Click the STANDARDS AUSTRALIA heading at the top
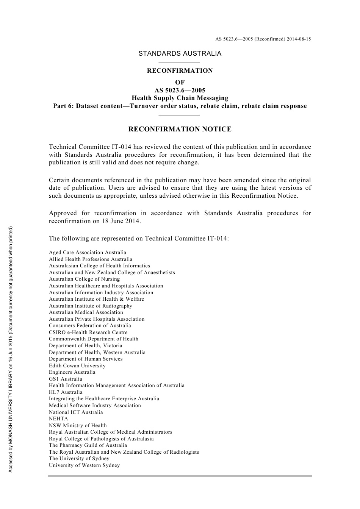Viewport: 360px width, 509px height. (x=180, y=53)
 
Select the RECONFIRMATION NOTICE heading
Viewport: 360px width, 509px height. (x=180, y=129)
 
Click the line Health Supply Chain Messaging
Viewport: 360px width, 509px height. (x=180, y=98)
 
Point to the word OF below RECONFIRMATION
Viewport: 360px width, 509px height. (x=180, y=82)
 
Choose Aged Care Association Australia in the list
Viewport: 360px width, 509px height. (x=88, y=253)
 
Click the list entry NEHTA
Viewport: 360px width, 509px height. (x=58, y=419)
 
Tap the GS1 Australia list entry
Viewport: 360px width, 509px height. (x=65, y=379)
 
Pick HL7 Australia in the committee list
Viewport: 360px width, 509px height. (x=66, y=392)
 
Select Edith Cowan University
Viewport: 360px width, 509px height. (x=77, y=365)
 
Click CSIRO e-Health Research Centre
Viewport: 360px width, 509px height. (x=88, y=333)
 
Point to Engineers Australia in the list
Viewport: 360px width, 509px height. (x=72, y=372)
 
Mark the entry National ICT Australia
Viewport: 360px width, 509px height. (x=76, y=412)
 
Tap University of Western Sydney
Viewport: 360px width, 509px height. (x=84, y=465)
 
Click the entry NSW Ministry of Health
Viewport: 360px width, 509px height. (x=78, y=426)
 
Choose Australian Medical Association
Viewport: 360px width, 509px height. (x=86, y=312)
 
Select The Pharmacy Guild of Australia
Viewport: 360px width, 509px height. (x=88, y=445)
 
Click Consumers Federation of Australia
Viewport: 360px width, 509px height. (x=90, y=326)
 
